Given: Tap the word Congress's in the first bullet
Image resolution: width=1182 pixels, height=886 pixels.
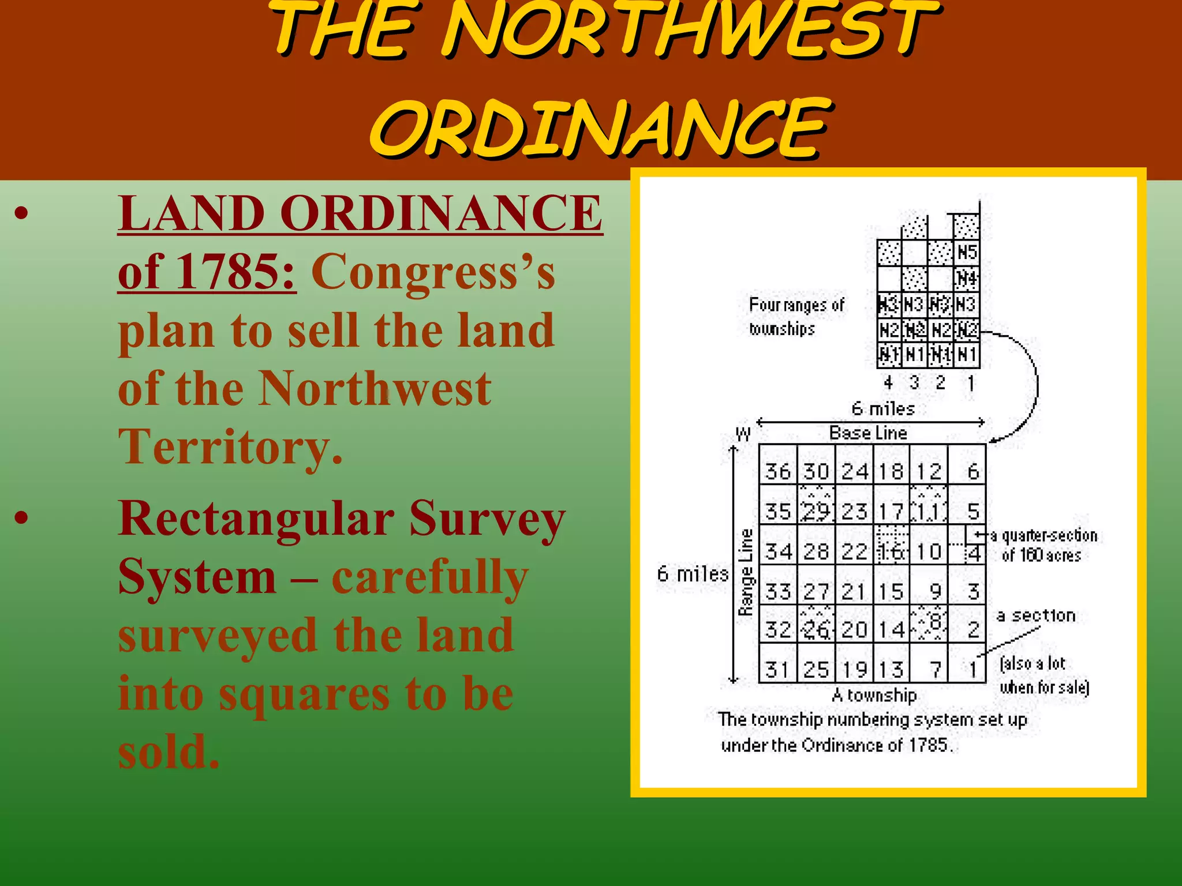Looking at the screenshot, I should (433, 272).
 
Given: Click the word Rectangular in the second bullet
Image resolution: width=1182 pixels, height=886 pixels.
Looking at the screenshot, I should (256, 519).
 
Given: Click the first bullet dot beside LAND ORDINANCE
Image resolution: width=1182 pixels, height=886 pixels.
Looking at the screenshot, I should (21, 213).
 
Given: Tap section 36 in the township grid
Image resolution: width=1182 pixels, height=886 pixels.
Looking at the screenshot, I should (777, 472).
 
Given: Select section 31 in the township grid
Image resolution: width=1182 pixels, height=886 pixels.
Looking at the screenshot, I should (777, 670).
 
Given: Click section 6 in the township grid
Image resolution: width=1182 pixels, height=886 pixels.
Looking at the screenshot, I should (973, 472).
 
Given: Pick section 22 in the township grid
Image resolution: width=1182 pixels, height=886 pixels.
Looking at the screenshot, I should (855, 552).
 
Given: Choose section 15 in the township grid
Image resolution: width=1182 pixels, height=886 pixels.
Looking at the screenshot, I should (891, 592).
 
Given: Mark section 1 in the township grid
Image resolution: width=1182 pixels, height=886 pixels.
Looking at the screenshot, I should (973, 670).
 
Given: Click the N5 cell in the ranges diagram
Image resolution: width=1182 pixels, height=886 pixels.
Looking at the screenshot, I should (967, 253).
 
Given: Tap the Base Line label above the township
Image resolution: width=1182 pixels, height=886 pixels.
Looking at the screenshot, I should (868, 433).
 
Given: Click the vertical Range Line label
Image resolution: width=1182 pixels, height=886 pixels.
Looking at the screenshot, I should (746, 572).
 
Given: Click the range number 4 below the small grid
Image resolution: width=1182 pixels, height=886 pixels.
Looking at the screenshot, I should (888, 382).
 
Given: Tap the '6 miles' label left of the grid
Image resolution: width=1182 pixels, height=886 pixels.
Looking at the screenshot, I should (692, 575).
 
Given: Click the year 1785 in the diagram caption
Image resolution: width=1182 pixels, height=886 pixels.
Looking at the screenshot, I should (928, 745).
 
